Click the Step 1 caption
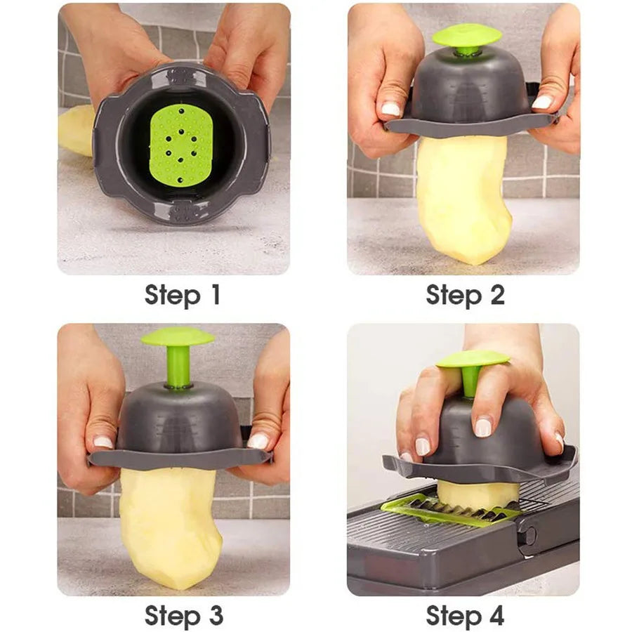pos(183,295)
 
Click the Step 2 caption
pos(465,295)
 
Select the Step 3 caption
pos(183,615)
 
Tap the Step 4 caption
pos(465,615)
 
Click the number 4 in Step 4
pos(495,615)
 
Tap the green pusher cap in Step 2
pos(466,35)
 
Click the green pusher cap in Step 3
pos(177,337)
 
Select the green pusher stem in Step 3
pos(178,367)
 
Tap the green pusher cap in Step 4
pos(473,359)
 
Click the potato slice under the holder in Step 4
pos(478,494)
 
